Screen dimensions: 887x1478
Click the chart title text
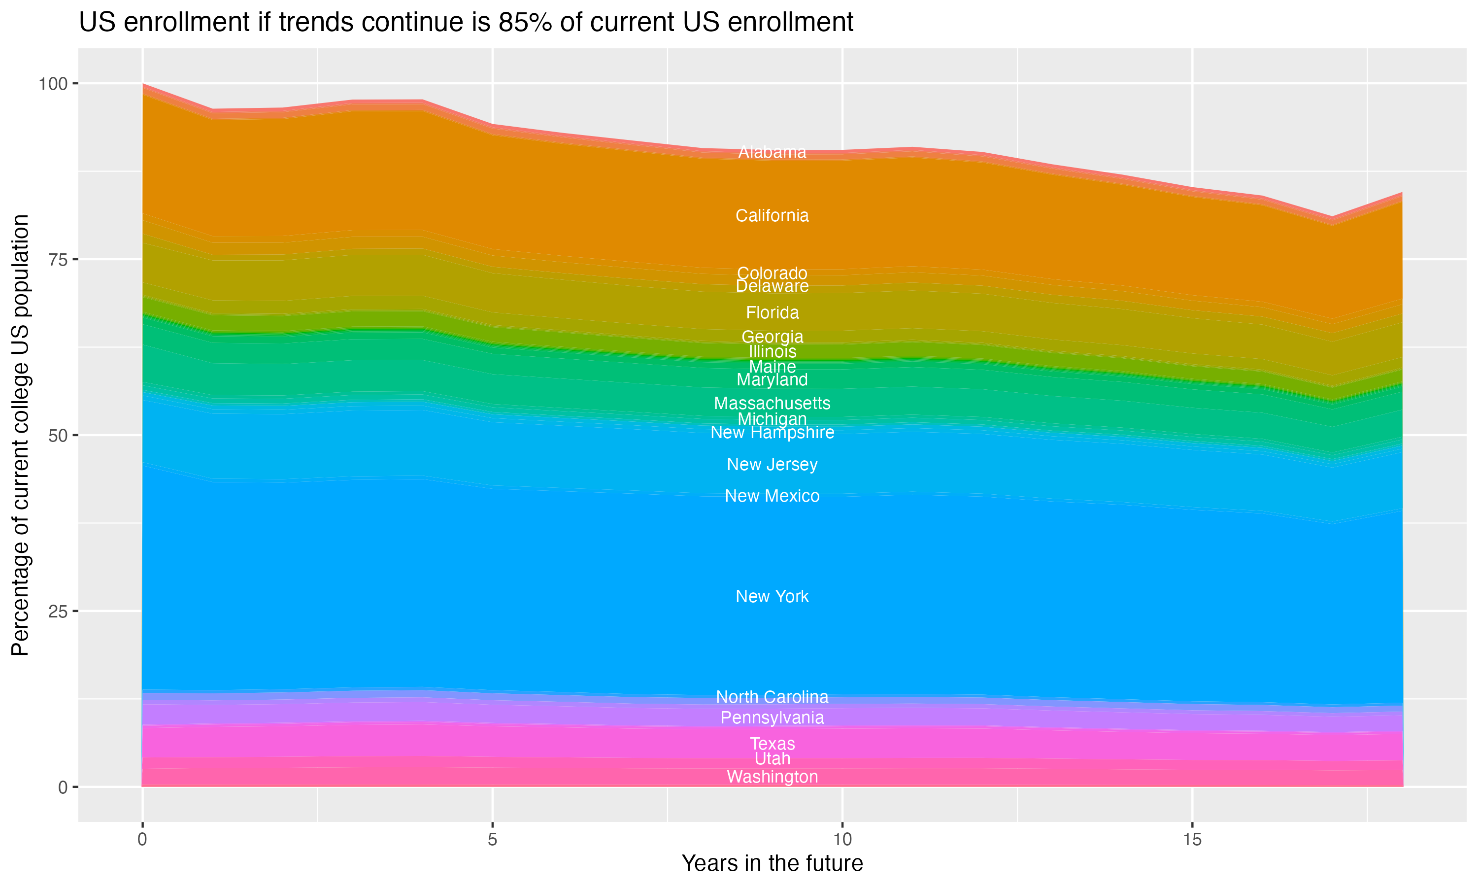click(466, 23)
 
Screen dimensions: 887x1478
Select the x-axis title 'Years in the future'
click(772, 863)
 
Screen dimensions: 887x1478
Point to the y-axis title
click(20, 435)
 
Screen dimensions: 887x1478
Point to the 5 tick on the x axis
click(492, 840)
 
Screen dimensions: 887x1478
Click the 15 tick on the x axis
click(1192, 840)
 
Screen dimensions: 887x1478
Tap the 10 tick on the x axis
click(842, 840)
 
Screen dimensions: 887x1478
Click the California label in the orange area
click(772, 216)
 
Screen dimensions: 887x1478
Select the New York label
click(772, 597)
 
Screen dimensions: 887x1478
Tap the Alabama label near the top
click(772, 152)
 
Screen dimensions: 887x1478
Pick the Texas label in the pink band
click(772, 744)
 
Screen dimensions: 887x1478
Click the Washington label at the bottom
click(772, 777)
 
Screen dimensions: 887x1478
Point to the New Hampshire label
click(772, 432)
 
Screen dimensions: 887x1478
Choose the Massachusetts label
click(772, 404)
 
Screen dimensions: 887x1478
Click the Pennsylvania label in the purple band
click(772, 717)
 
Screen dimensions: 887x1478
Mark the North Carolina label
click(772, 697)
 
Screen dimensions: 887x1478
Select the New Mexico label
click(772, 496)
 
